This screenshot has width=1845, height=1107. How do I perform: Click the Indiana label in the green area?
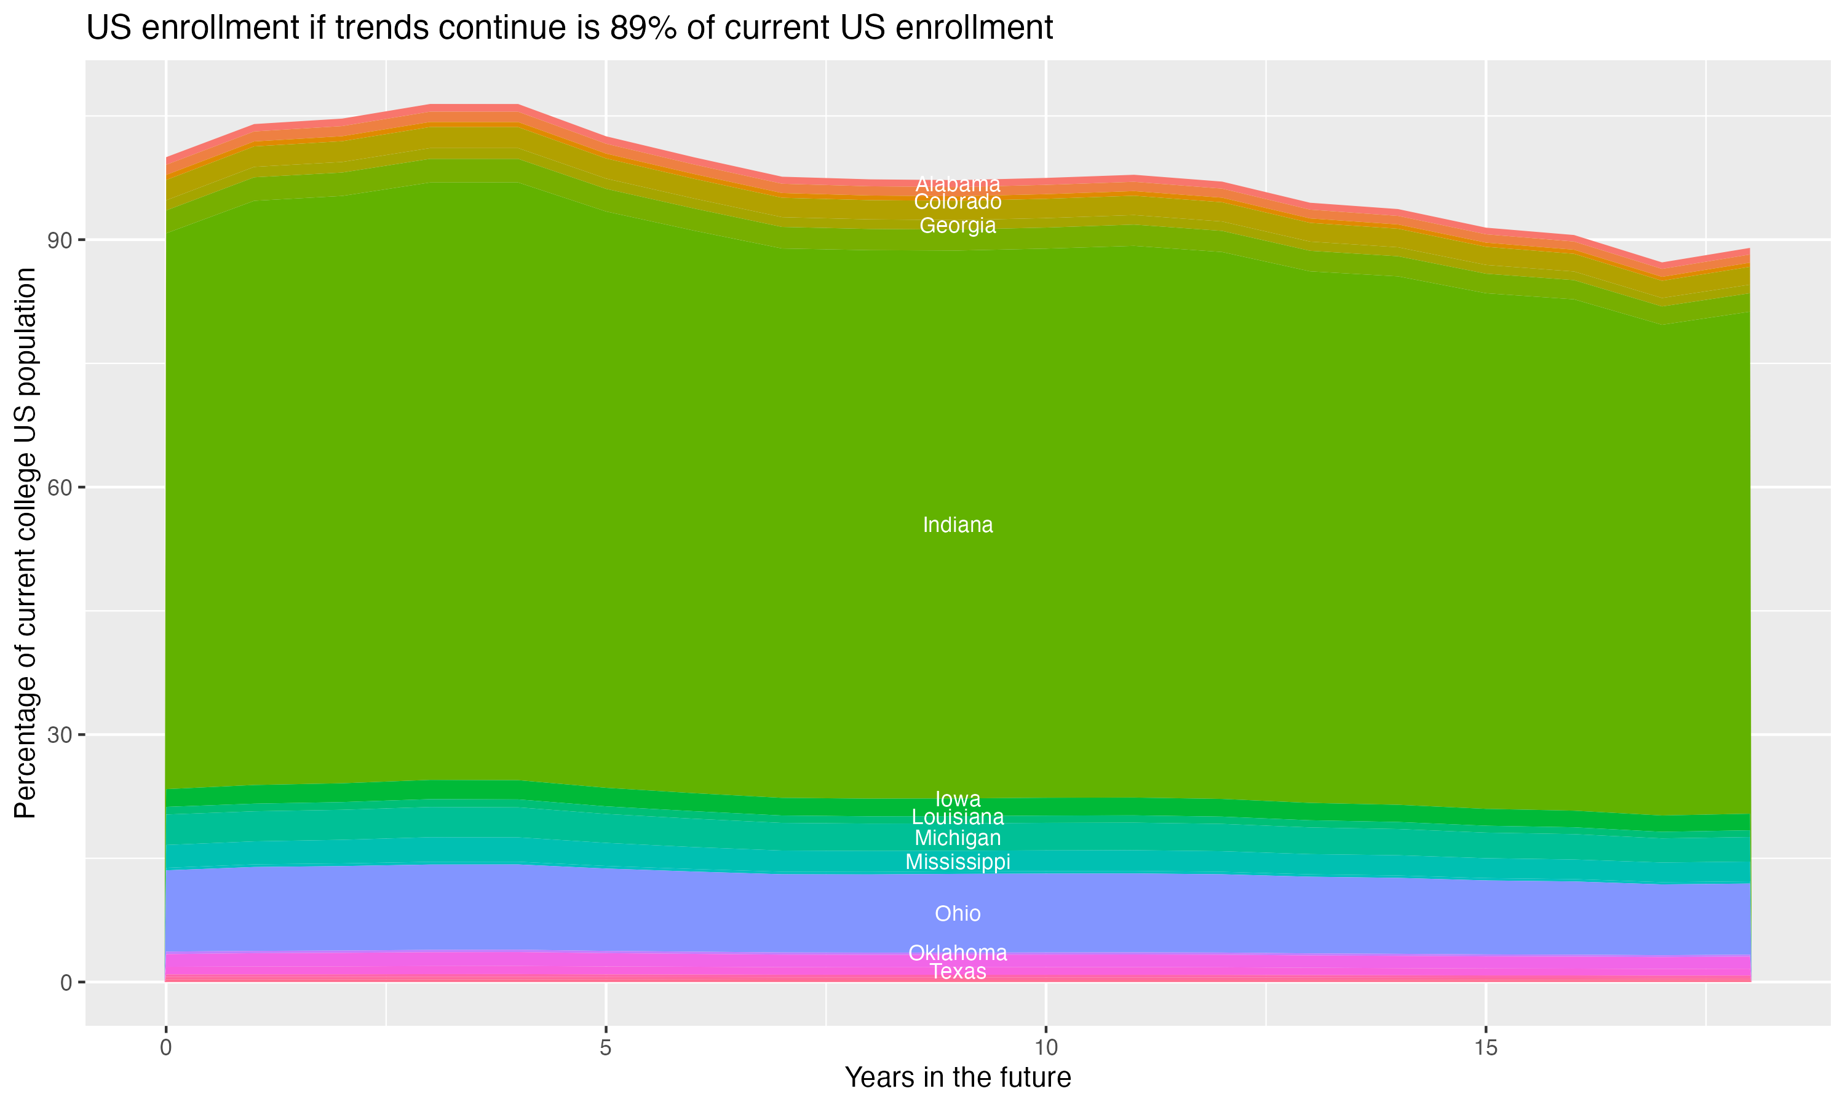click(958, 525)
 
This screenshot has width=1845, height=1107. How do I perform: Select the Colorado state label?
click(958, 202)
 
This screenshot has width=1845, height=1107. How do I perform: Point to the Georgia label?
click(958, 225)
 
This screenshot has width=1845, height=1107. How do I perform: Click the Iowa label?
click(958, 799)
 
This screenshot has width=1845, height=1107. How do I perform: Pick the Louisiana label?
click(958, 817)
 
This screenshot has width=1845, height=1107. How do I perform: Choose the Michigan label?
click(958, 838)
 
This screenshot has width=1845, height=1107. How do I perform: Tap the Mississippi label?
click(958, 862)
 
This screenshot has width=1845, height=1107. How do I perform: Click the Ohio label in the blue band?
click(958, 913)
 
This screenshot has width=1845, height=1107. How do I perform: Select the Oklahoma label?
click(958, 953)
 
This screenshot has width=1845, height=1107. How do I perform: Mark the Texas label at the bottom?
click(958, 971)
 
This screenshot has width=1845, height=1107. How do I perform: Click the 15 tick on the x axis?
click(1486, 1048)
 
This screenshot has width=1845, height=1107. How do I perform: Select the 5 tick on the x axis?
click(606, 1048)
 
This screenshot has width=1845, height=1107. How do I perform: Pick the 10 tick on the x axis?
click(1045, 1048)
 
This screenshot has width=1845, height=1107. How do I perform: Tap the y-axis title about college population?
click(25, 542)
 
